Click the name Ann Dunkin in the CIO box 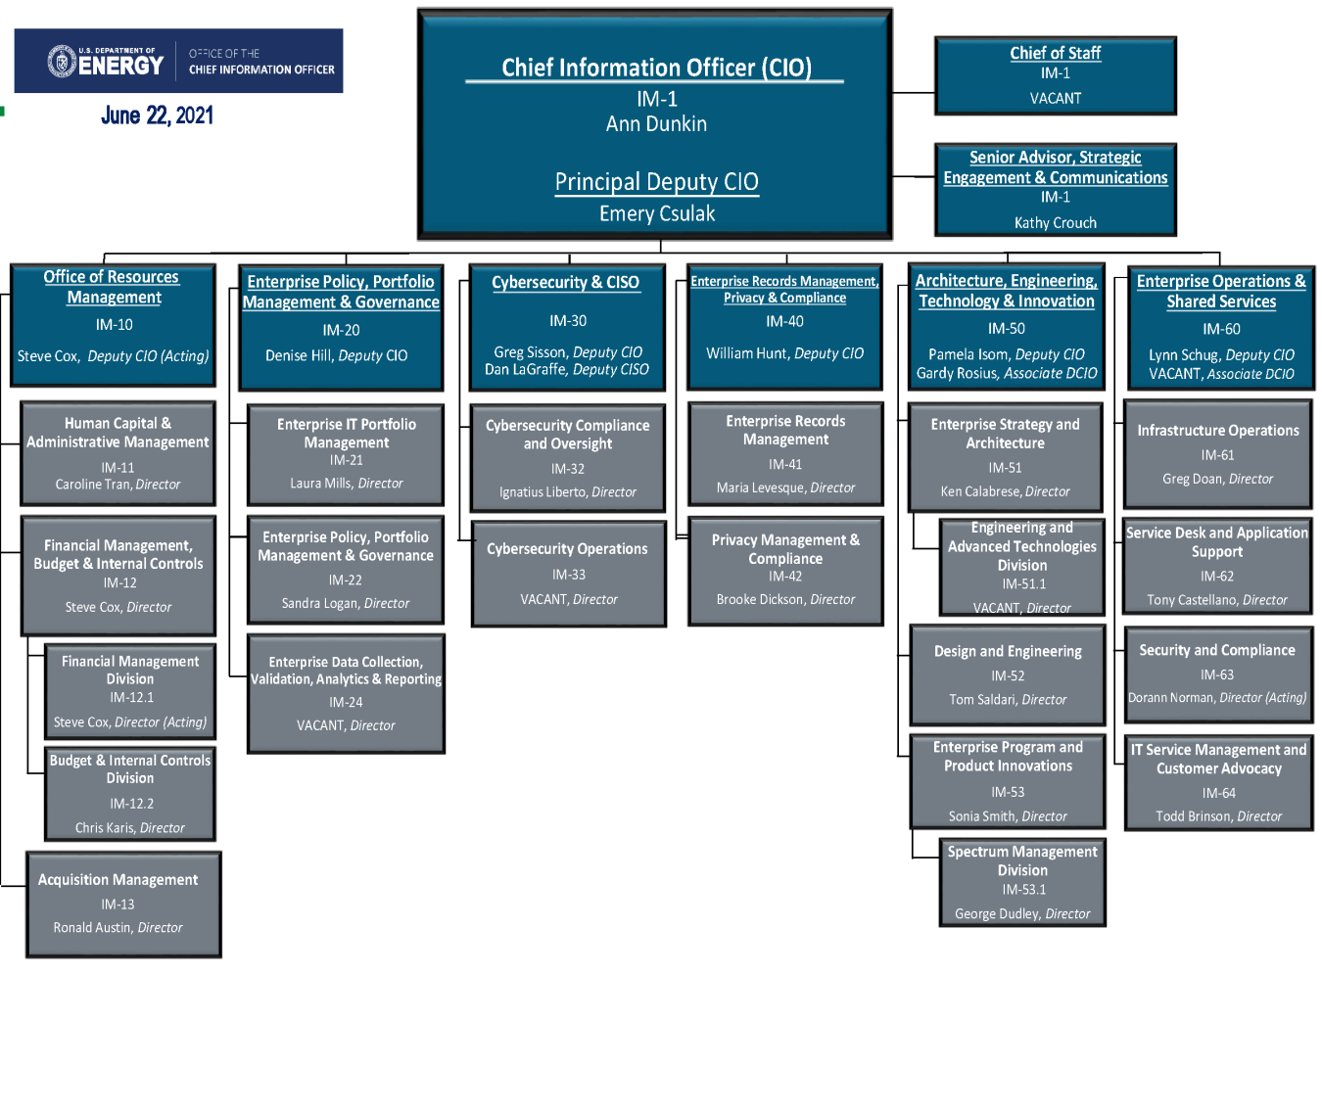[x=656, y=124]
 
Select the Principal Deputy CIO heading [x=656, y=182]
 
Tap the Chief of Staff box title [x=1055, y=53]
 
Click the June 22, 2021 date [x=157, y=116]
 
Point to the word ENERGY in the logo [x=120, y=66]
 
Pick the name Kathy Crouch [x=1055, y=223]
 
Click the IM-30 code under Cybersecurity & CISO [x=568, y=321]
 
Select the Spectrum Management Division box [x=1022, y=882]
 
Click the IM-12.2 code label [x=131, y=804]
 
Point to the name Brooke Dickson [x=762, y=600]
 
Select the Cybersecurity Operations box [x=568, y=574]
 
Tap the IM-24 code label [x=346, y=702]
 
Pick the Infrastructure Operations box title [x=1218, y=431]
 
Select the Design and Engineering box [x=1008, y=675]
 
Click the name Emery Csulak [x=657, y=214]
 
